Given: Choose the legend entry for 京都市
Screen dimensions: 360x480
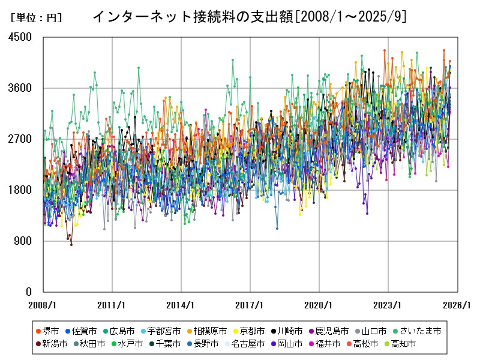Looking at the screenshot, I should (248, 331).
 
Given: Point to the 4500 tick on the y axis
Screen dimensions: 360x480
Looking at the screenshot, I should (20, 37).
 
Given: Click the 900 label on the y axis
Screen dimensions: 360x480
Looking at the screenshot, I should (23, 241).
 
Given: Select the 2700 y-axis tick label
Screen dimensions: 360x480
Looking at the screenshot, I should (20, 139).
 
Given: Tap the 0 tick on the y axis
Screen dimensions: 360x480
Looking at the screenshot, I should (28, 292).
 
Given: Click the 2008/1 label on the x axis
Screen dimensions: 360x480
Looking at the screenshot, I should (43, 305).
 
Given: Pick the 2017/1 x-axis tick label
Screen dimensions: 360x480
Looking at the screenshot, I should (250, 305).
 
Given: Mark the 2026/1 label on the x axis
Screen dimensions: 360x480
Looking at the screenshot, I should (457, 305).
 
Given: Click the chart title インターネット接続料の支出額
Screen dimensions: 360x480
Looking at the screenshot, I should (249, 17).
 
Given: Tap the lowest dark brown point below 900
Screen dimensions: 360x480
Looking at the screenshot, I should (71, 244).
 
